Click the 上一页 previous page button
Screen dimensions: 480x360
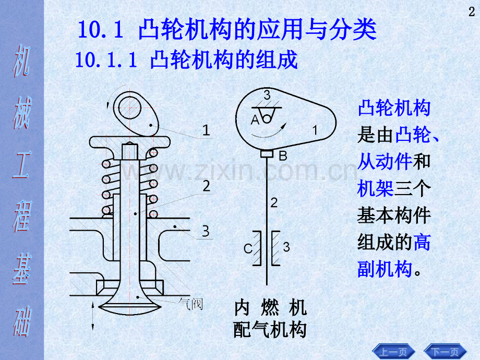click(x=393, y=352)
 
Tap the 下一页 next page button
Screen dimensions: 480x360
click(x=445, y=352)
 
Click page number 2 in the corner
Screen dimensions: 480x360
click(x=472, y=12)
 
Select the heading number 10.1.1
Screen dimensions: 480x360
click(x=106, y=59)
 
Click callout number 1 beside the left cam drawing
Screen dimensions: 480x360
click(x=206, y=130)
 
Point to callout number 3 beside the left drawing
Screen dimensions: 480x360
click(x=206, y=231)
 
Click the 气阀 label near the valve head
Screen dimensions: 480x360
click(x=191, y=304)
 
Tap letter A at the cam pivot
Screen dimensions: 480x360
click(x=255, y=119)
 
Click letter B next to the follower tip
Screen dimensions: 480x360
click(x=283, y=156)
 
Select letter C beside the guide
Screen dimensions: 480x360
click(x=248, y=248)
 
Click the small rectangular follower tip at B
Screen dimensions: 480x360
click(x=267, y=153)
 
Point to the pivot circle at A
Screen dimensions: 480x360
click(x=267, y=118)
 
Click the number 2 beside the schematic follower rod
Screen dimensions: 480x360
click(x=274, y=202)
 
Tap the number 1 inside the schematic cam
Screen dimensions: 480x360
click(x=315, y=130)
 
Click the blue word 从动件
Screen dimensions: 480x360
click(x=385, y=161)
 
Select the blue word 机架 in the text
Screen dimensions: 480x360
click(x=376, y=188)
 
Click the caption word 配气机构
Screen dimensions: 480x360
click(x=270, y=330)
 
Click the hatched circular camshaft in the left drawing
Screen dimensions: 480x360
click(x=129, y=108)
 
